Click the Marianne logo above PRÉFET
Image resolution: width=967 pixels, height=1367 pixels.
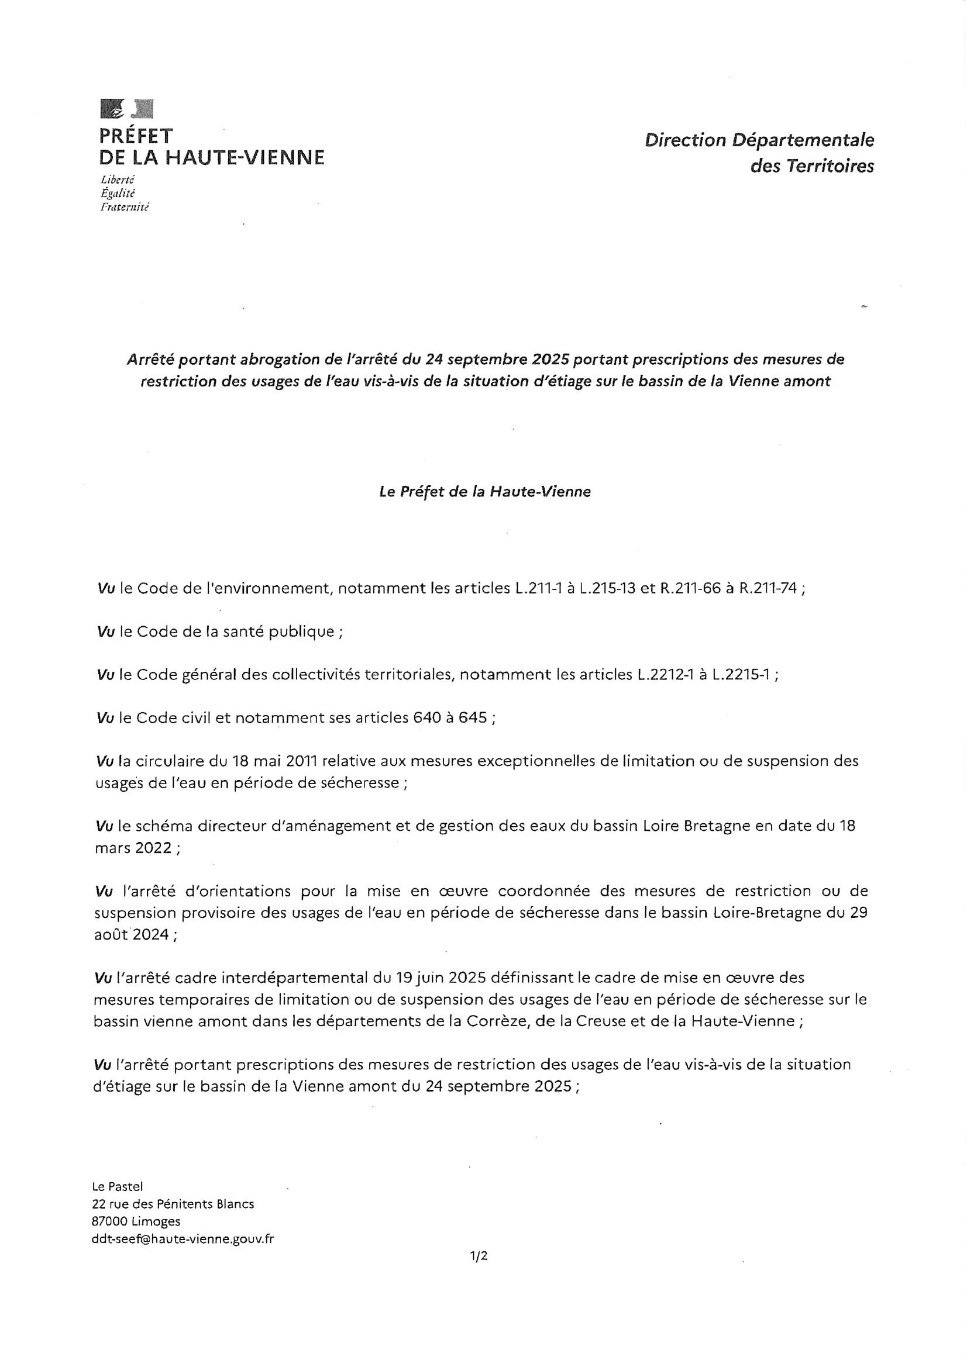(127, 108)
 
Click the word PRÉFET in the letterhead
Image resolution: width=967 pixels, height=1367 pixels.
(136, 136)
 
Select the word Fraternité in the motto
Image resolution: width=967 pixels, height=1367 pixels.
(125, 207)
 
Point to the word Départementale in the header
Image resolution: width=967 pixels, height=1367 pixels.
(803, 140)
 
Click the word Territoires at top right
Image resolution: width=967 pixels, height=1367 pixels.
(830, 166)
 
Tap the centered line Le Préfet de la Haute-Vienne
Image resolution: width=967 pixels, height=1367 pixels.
(484, 492)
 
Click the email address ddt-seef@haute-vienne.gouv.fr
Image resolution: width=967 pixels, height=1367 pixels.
(183, 1239)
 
